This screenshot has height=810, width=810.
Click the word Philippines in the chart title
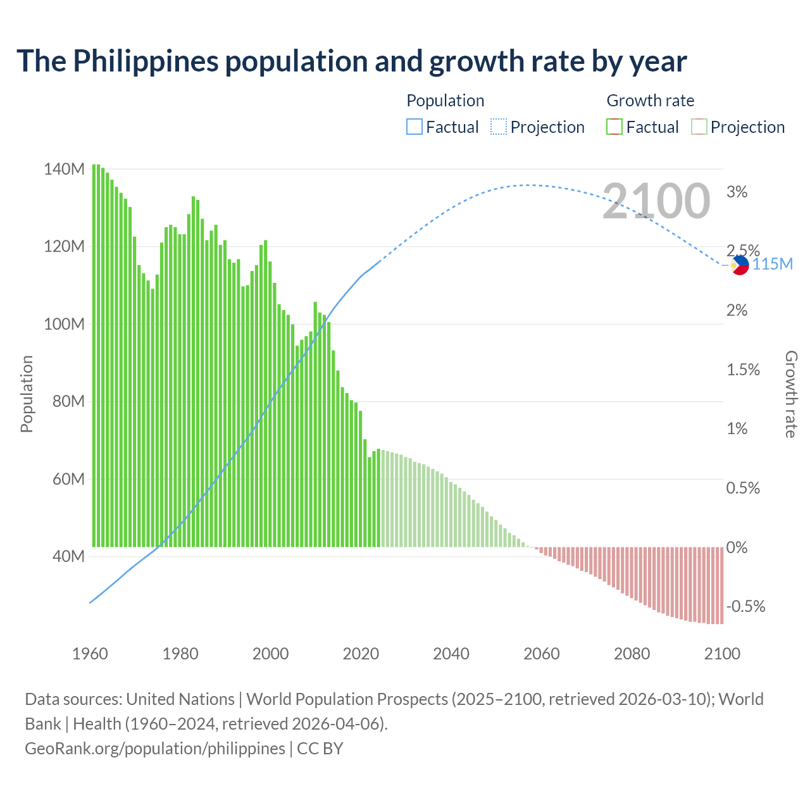coord(146,61)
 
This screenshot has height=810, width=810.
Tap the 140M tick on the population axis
coord(64,170)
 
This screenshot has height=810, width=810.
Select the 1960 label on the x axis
coord(90,654)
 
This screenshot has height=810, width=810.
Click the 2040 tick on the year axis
coord(451,654)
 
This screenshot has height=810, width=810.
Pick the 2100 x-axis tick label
coord(722,654)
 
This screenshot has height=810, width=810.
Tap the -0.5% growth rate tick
coord(745,607)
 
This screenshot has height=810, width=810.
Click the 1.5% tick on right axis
coord(743,370)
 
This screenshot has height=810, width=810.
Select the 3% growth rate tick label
coord(737,192)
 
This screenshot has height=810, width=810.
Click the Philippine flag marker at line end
coord(739,265)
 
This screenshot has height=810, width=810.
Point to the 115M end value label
coord(772,264)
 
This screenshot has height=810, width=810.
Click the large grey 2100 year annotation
coord(656,201)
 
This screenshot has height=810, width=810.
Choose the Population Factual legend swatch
coord(414,127)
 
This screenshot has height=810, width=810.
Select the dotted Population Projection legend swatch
coord(499,127)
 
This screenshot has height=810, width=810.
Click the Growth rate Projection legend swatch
coord(699,127)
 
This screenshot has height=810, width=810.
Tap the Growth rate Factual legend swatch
coord(614,127)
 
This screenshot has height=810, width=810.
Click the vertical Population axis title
coord(27,394)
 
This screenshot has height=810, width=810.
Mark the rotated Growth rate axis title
coord(791,394)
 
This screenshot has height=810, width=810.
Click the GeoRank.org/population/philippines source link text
coord(155,749)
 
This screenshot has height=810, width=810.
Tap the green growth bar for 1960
coord(94,354)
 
